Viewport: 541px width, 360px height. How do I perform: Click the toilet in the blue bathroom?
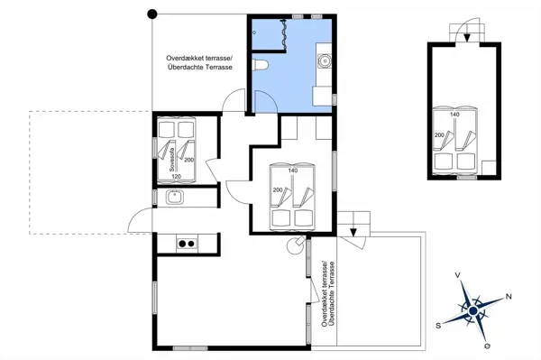260,65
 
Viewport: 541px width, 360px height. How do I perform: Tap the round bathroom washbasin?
325,60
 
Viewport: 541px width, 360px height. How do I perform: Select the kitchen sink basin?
175,197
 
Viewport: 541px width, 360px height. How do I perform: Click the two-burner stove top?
187,244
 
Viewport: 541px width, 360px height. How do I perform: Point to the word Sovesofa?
171,160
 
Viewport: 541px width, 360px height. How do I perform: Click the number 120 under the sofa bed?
176,176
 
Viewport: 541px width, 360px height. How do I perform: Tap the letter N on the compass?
509,296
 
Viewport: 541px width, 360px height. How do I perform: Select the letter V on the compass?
457,275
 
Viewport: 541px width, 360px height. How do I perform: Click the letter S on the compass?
438,326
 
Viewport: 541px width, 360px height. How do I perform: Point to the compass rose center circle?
473,311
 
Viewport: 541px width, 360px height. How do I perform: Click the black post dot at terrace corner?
152,14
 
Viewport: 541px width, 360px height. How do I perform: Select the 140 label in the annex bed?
454,115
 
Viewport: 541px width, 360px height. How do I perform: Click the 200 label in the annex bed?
439,135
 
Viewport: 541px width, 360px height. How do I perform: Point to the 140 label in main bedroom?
292,171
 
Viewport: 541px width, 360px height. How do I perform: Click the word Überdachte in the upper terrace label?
185,68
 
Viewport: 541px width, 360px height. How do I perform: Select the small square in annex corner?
489,168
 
